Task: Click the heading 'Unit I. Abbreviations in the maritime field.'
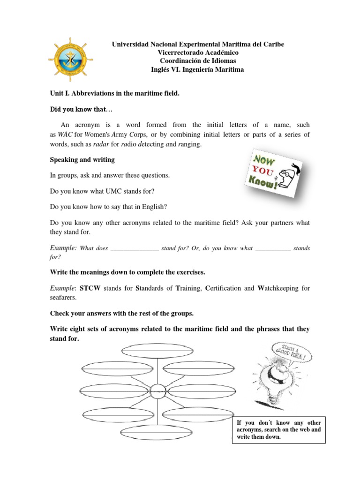pyautogui.click(x=115, y=94)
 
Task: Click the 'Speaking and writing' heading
pyautogui.click(x=82, y=160)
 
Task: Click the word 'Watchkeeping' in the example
pyautogui.click(x=279, y=288)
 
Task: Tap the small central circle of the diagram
pyautogui.click(x=157, y=390)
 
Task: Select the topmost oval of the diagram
pyautogui.click(x=148, y=350)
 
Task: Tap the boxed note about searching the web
pyautogui.click(x=279, y=429)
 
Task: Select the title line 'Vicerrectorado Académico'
pyautogui.click(x=197, y=52)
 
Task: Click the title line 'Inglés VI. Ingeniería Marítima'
pyautogui.click(x=197, y=69)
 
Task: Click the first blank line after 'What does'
pyautogui.click(x=135, y=248)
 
